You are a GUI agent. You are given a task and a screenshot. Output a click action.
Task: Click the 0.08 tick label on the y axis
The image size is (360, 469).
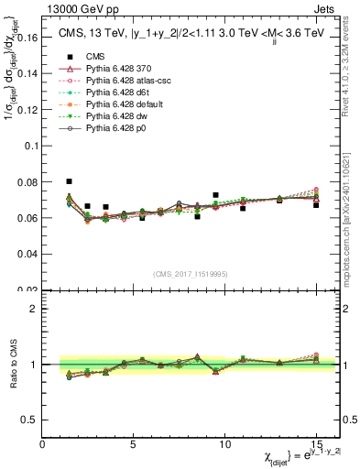(28, 182)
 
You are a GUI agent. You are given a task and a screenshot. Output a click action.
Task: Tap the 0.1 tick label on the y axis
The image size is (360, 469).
(30, 147)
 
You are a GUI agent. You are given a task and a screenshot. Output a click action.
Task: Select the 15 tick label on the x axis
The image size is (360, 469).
(316, 444)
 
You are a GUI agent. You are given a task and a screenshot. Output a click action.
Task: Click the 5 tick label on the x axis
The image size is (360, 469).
(134, 444)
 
